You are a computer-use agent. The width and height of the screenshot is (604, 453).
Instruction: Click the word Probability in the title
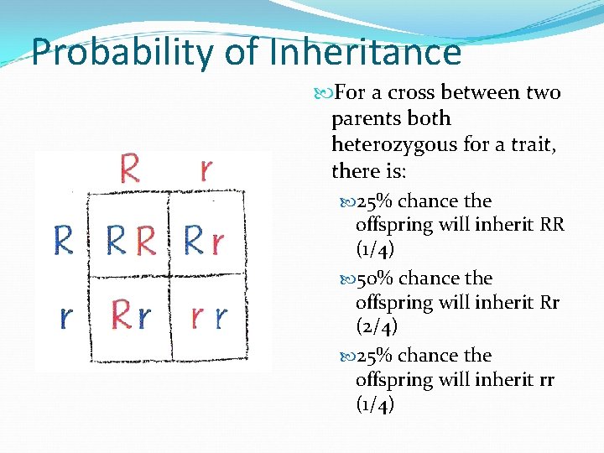click(123, 52)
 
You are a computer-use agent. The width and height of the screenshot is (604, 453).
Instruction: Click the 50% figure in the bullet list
click(376, 278)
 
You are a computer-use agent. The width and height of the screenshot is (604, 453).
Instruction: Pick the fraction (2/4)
click(377, 325)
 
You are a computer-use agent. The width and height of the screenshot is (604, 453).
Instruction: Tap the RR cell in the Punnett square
click(132, 242)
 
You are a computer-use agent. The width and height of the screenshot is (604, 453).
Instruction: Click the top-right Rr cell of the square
click(204, 242)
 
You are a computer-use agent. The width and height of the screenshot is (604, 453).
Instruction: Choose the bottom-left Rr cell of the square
click(132, 316)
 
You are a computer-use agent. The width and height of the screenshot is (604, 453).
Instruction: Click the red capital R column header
click(129, 168)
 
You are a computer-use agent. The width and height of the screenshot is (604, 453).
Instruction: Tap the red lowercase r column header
click(206, 169)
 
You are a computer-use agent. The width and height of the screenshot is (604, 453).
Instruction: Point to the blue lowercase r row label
click(65, 317)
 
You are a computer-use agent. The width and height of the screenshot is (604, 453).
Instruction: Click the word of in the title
click(242, 52)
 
